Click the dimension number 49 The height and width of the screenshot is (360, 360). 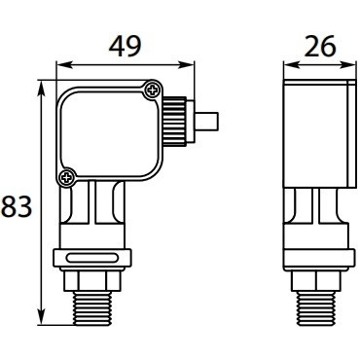click(x=125, y=47)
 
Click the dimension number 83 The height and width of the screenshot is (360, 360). click(x=17, y=206)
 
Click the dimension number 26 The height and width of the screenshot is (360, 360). click(x=320, y=47)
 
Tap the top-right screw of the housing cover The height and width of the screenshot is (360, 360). click(x=153, y=90)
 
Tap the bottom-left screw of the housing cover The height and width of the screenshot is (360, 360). click(x=67, y=177)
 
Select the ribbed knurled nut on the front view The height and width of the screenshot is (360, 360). click(x=175, y=121)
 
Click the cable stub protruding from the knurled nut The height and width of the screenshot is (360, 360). click(x=207, y=122)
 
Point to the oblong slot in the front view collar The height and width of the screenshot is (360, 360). click(x=92, y=258)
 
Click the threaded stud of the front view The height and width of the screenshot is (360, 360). click(x=92, y=308)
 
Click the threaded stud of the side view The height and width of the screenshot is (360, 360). click(x=316, y=308)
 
